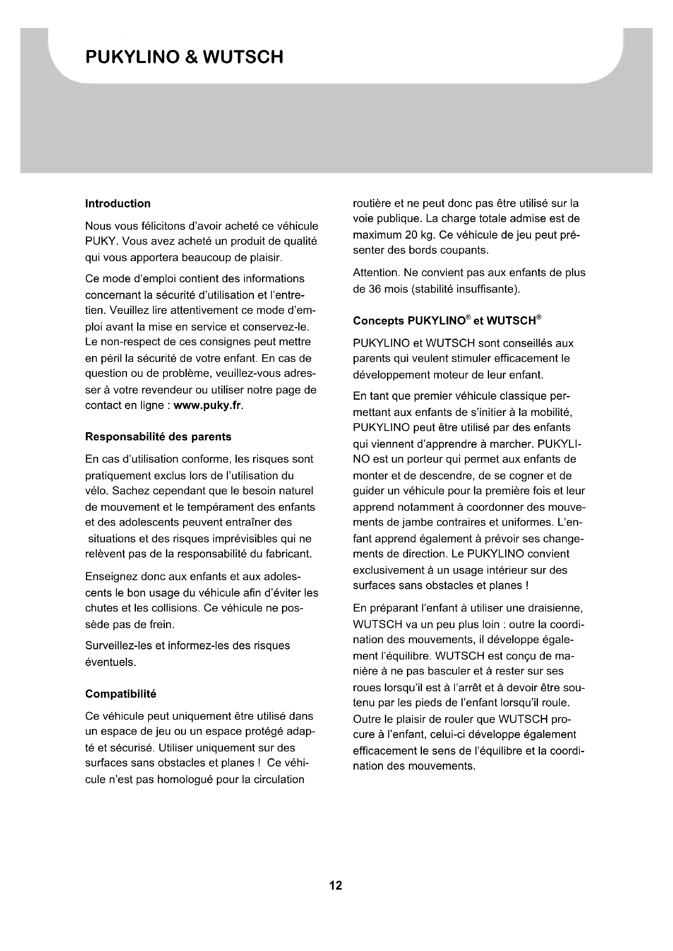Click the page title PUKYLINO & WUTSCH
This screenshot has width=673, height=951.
pos(184,57)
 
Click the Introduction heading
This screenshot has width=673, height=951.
pos(118,203)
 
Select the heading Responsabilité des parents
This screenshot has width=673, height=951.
pos(158,437)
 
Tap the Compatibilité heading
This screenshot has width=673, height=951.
pos(120,694)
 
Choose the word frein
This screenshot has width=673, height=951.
pos(161,624)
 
